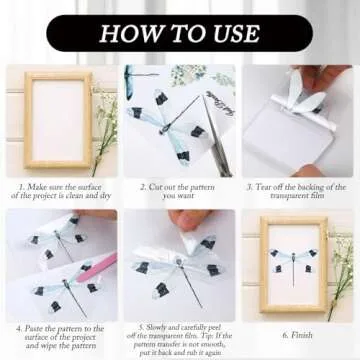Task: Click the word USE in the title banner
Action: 232,33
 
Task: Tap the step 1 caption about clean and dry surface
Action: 60,190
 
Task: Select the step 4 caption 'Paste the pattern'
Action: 60,332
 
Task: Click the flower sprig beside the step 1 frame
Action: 105,130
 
